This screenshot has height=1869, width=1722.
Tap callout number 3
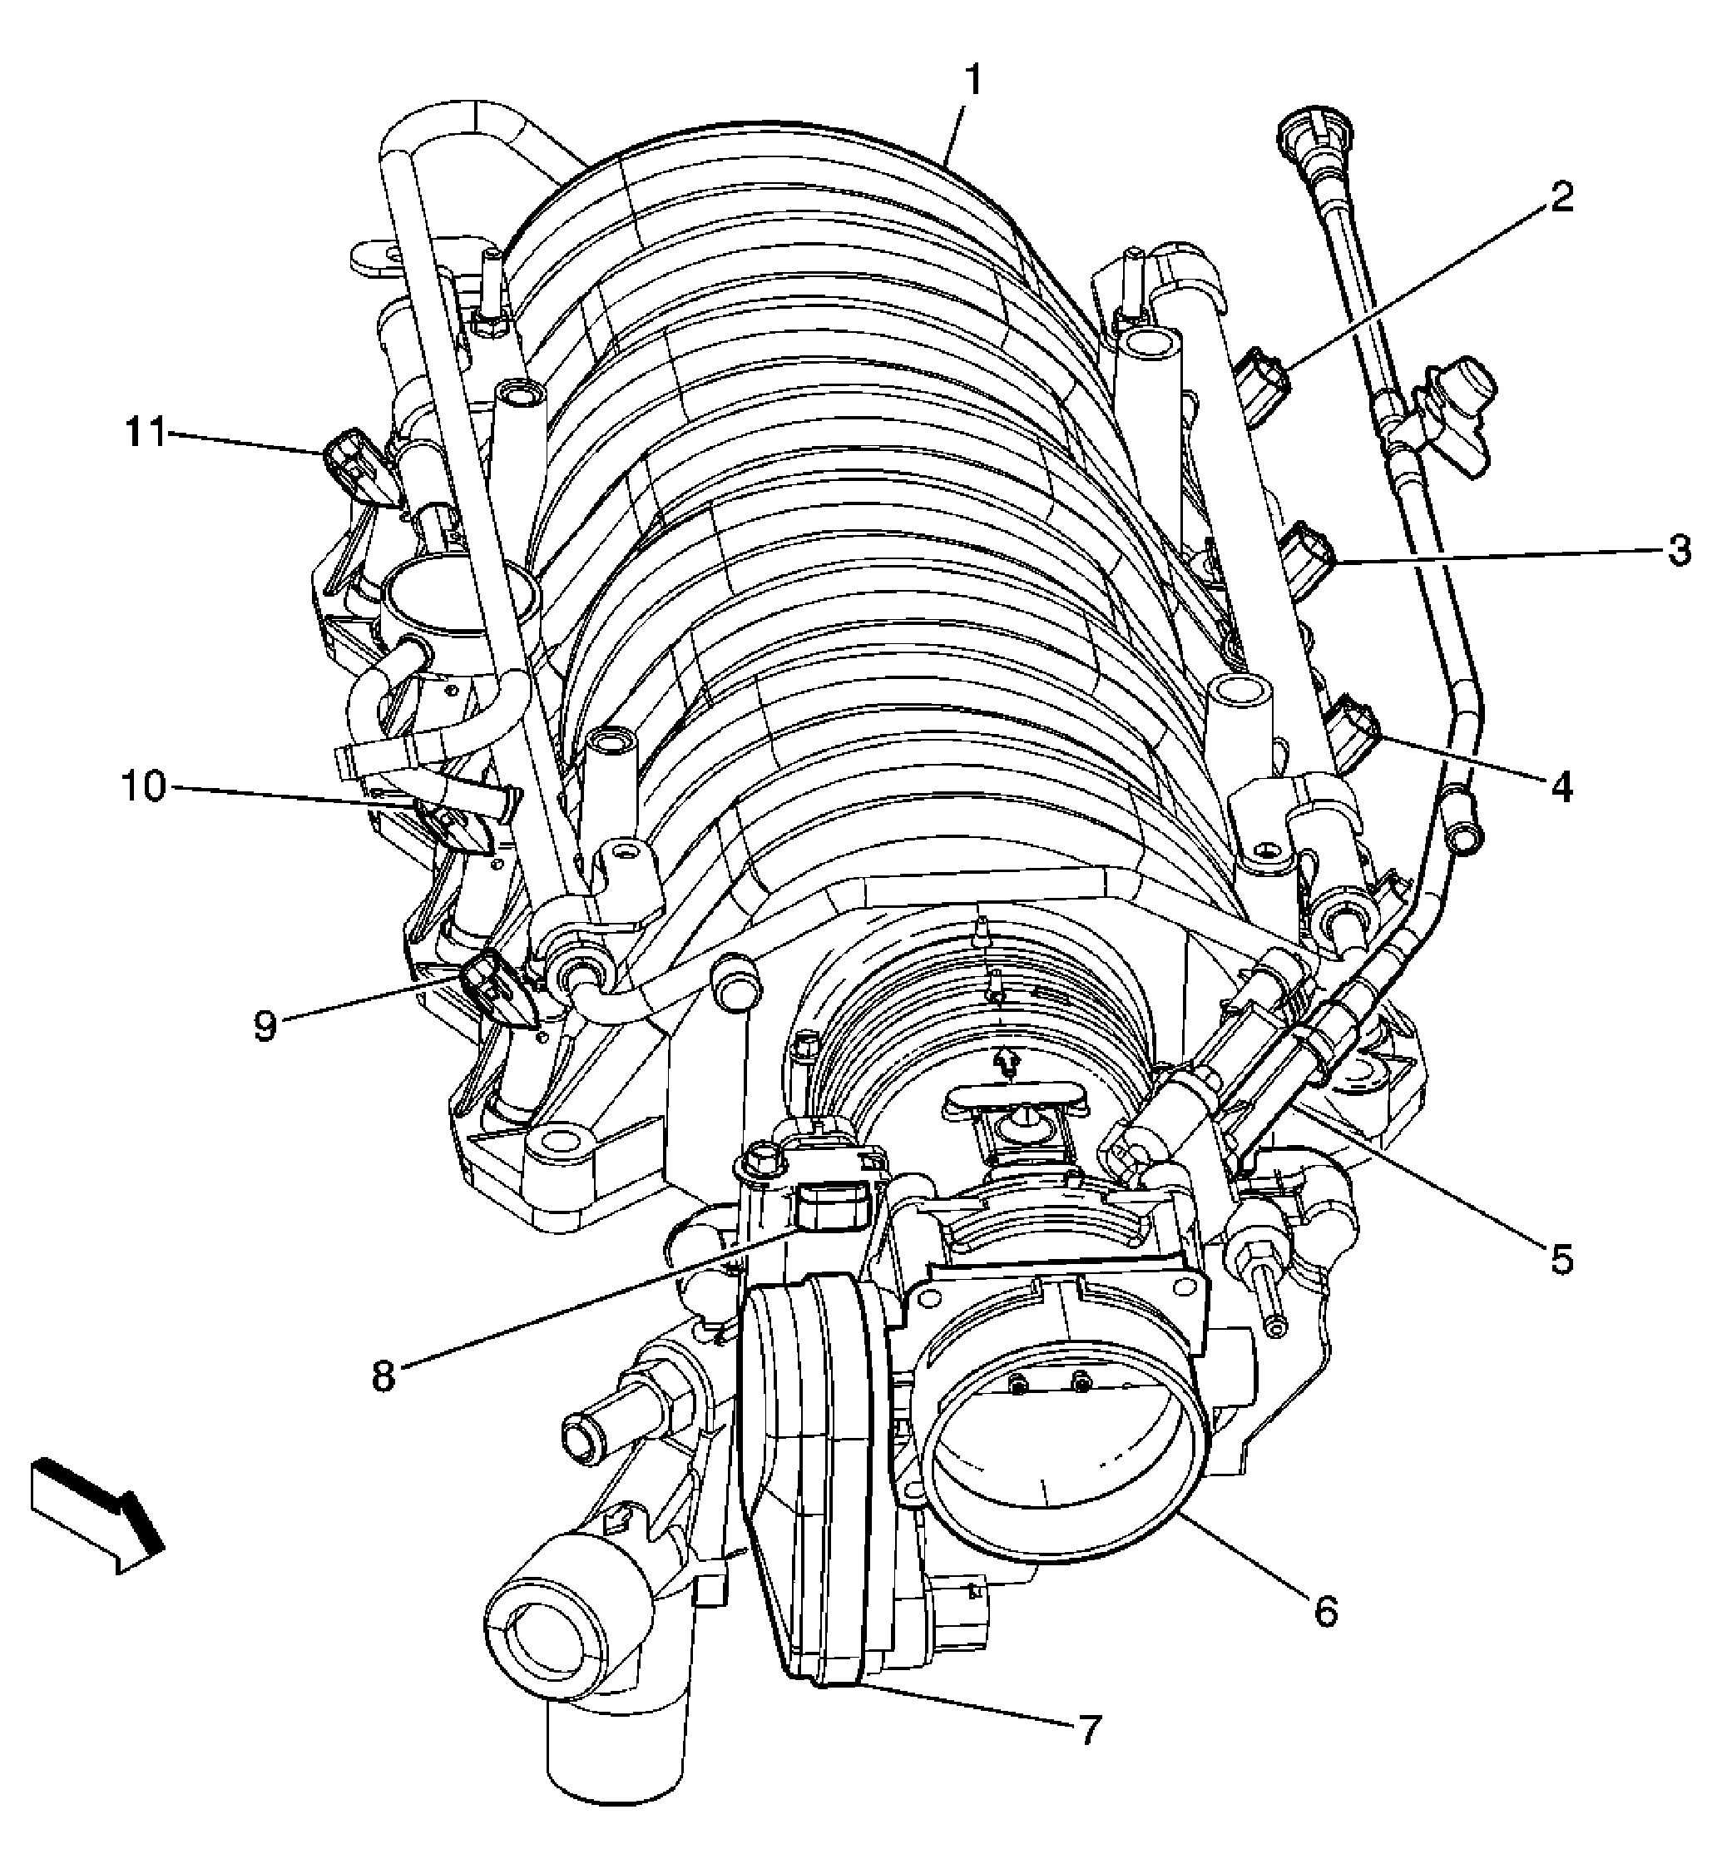click(1678, 552)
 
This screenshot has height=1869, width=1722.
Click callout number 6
click(1326, 1610)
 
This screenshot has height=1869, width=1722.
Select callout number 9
click(265, 1025)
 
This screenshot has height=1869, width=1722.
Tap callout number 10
click(142, 786)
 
